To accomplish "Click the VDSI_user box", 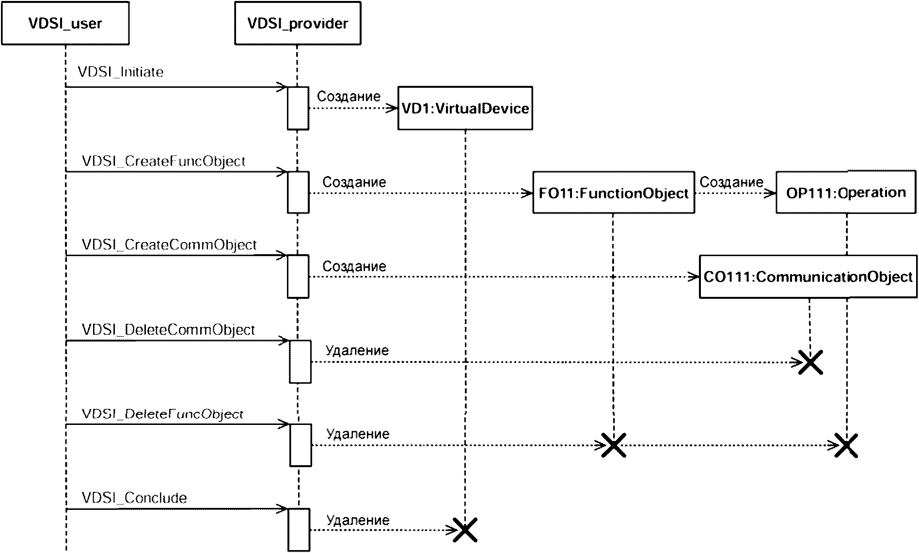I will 65,23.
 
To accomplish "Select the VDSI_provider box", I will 298,23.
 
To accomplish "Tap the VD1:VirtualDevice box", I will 465,108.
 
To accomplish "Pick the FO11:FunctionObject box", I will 613,193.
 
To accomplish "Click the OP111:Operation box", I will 846,193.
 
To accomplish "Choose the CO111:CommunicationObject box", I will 808,276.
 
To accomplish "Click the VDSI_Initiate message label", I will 121,72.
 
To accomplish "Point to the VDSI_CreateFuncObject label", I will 164,161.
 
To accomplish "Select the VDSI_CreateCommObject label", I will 169,244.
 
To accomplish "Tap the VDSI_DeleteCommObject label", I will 168,330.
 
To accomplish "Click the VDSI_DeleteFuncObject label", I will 163,414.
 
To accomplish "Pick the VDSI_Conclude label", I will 134,498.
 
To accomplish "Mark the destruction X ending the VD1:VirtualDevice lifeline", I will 465,530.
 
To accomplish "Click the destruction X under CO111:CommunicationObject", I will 810,362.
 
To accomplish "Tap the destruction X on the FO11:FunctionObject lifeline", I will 613,445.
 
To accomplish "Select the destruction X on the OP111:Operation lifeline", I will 846,445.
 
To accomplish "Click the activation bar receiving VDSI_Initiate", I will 298,108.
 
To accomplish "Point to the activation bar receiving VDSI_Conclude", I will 299,530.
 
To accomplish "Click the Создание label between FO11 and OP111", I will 731,182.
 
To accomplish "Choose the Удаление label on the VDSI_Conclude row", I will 358,520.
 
